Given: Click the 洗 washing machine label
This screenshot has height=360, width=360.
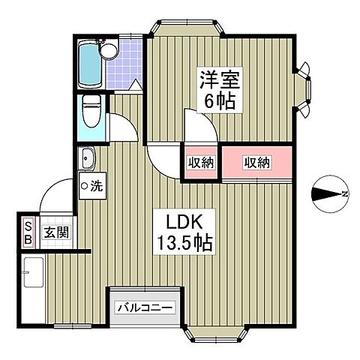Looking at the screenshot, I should point(92,184).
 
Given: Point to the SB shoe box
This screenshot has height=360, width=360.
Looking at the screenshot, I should point(28,233).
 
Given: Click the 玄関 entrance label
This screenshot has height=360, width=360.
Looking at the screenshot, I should point(53,233).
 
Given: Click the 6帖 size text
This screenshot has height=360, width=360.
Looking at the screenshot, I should point(216,100).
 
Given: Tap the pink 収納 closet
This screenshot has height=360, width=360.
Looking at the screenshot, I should point(257,161).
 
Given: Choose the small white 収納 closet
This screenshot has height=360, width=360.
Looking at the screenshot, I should point(200,162).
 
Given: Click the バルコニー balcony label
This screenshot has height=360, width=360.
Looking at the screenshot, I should point(145,307).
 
